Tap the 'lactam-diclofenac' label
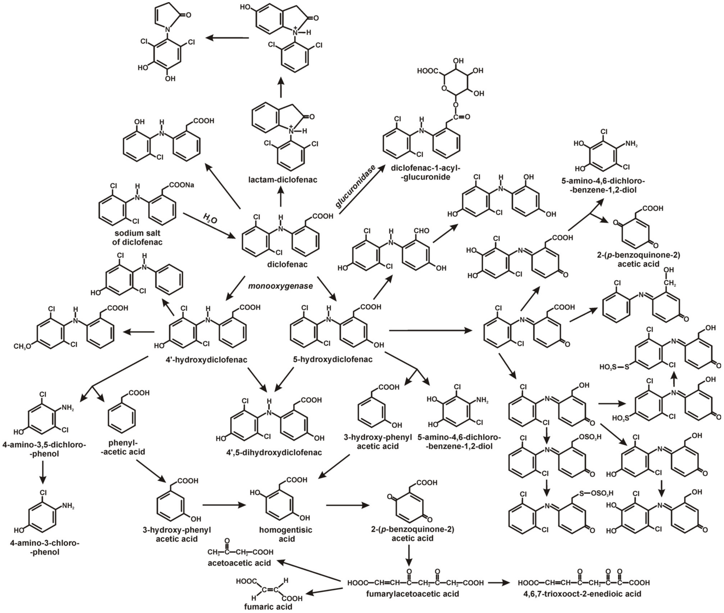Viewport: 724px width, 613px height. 283,180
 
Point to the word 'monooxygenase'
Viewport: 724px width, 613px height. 280,286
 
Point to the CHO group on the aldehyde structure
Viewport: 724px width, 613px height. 421,230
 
